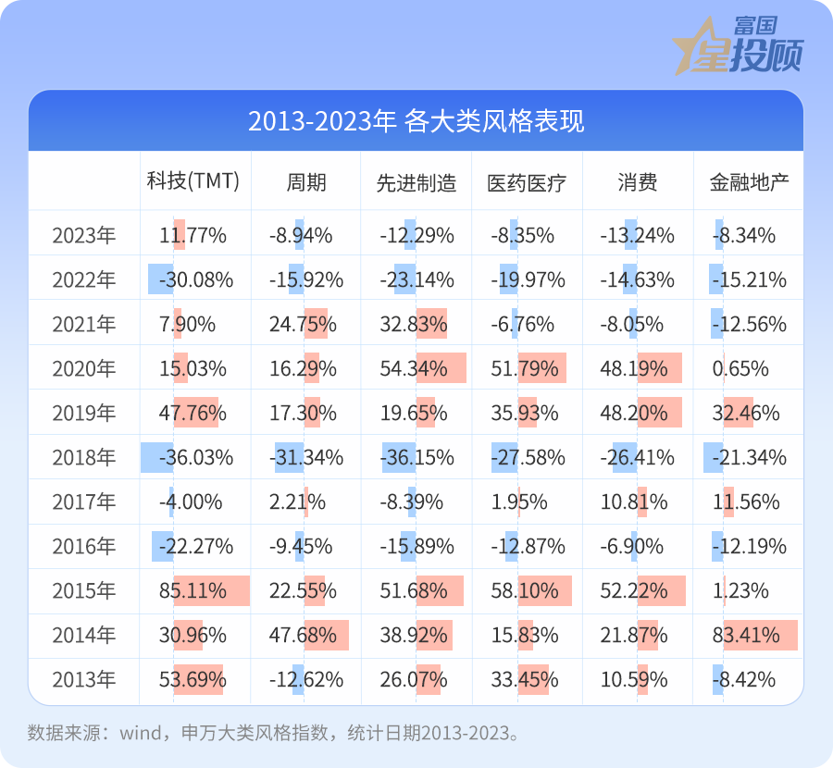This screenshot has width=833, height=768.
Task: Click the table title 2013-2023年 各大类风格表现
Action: pos(416,121)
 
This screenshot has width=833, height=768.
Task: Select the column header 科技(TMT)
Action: pos(193,181)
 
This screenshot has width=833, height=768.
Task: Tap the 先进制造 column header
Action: pos(416,182)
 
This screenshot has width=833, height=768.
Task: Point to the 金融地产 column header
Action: pos(749,182)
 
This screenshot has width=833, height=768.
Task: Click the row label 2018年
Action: pos(84,458)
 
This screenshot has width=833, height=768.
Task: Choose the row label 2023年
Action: pos(84,236)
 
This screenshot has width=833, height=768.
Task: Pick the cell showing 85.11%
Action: pos(193,591)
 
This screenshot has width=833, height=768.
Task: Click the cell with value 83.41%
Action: pos(749,636)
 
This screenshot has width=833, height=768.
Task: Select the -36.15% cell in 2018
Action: pos(416,458)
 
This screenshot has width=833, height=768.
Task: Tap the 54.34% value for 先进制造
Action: pos(416,369)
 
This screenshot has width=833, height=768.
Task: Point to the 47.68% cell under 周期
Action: pos(305,636)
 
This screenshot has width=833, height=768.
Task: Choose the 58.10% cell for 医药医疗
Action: pos(528,591)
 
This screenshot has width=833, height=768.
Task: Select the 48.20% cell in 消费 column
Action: pos(638,414)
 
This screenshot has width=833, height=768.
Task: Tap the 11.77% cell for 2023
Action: pos(193,236)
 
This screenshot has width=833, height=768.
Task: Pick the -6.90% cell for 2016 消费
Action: pos(638,547)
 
